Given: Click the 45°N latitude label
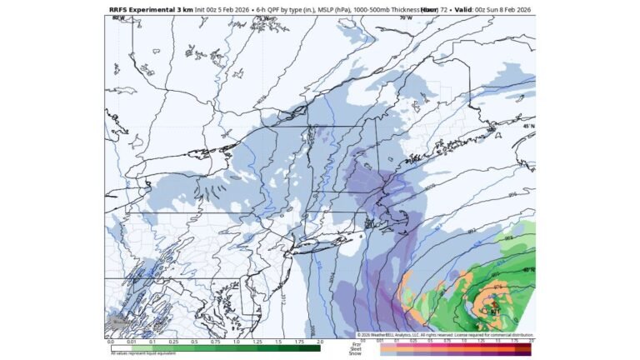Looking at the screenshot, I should (527, 127).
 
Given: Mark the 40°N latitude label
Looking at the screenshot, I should (527, 269).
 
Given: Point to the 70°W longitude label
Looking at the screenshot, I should (406, 17).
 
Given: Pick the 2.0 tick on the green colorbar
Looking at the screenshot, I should (319, 342).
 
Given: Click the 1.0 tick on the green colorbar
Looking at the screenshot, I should (236, 342).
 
